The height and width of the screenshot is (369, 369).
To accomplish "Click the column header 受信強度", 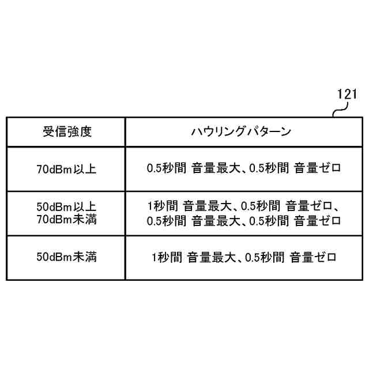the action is coord(67,131).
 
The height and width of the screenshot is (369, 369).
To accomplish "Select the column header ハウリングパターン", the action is coord(241,131).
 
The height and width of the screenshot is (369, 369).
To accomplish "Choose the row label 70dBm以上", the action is coord(66,169).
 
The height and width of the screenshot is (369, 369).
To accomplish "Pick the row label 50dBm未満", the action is coord(66,257).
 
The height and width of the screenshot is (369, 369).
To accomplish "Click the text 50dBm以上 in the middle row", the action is coord(66,206).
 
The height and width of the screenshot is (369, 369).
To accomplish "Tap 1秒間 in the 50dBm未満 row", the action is coord(167,257).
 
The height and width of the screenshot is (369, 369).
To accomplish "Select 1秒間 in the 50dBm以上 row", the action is coord(162,206).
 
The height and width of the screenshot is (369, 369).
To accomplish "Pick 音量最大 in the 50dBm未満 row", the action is coord(207,257).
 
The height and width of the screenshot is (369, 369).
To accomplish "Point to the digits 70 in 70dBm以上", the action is coord(41,169).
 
